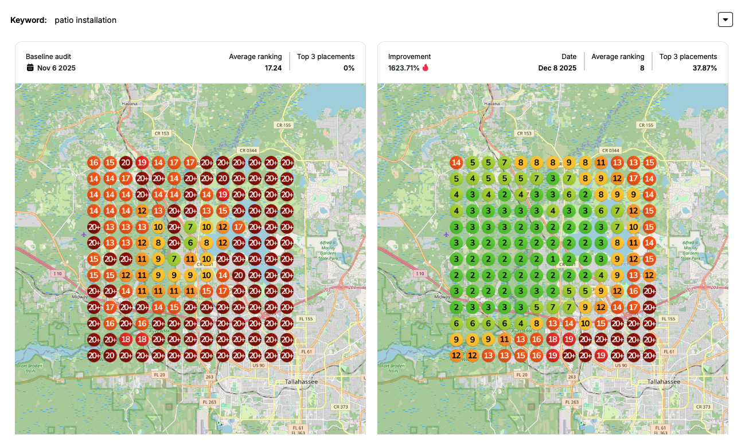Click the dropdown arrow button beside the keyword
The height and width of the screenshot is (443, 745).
(x=726, y=19)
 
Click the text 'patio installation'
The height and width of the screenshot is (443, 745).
(x=85, y=20)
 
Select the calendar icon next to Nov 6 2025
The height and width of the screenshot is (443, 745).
(x=30, y=68)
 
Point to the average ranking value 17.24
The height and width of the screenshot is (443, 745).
(x=273, y=68)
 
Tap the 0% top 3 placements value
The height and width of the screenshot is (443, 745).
(x=349, y=68)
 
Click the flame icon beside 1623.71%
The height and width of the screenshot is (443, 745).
(x=426, y=68)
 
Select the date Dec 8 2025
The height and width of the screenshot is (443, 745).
(x=557, y=68)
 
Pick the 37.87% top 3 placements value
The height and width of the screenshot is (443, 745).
(x=704, y=68)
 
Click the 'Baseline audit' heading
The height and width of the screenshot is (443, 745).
(x=48, y=57)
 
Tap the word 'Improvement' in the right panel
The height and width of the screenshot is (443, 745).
(x=409, y=57)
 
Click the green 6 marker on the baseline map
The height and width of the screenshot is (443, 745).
(x=190, y=243)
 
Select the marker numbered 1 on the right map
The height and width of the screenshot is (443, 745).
(x=553, y=259)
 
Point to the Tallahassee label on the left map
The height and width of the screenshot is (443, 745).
(x=301, y=382)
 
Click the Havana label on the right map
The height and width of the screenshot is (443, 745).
(x=492, y=104)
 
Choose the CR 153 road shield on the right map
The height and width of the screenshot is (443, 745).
(x=524, y=134)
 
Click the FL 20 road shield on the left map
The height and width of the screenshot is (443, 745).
(x=159, y=375)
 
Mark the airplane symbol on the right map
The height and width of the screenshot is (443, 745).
(x=446, y=234)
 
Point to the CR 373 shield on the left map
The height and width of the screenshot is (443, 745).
(x=341, y=407)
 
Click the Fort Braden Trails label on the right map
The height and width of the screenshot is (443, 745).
(x=392, y=368)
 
